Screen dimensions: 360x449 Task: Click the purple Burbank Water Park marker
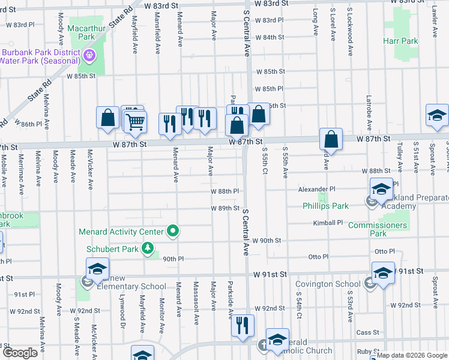click(90, 56)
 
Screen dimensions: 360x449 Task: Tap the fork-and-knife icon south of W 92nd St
click(243, 326)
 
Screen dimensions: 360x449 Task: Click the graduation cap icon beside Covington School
click(383, 273)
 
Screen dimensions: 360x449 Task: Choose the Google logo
click(20, 353)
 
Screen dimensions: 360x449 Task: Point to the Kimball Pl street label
click(327, 223)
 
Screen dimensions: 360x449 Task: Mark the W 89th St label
click(225, 208)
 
